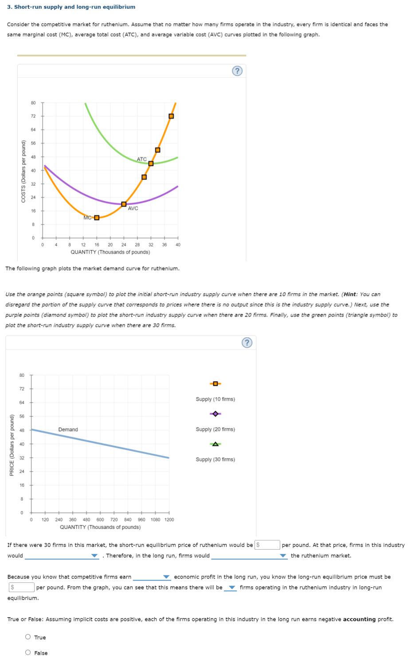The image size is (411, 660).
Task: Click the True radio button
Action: click(28, 637)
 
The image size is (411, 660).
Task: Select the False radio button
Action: click(28, 652)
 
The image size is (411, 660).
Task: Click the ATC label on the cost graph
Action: click(141, 159)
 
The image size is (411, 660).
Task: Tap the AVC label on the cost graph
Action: click(133, 208)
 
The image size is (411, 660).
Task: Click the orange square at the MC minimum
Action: click(97, 217)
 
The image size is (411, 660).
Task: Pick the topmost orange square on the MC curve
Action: click(171, 116)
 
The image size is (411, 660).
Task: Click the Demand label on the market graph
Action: click(68, 430)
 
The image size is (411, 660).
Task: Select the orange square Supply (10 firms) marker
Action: click(215, 383)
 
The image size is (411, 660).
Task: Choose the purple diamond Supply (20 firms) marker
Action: click(215, 414)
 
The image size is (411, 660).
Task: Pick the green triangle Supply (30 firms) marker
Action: click(215, 444)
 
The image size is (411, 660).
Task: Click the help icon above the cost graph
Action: click(238, 71)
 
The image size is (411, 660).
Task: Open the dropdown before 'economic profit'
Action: click(152, 577)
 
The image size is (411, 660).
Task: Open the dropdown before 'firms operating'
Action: click(230, 588)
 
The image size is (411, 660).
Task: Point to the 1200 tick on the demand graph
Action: click(169, 519)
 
